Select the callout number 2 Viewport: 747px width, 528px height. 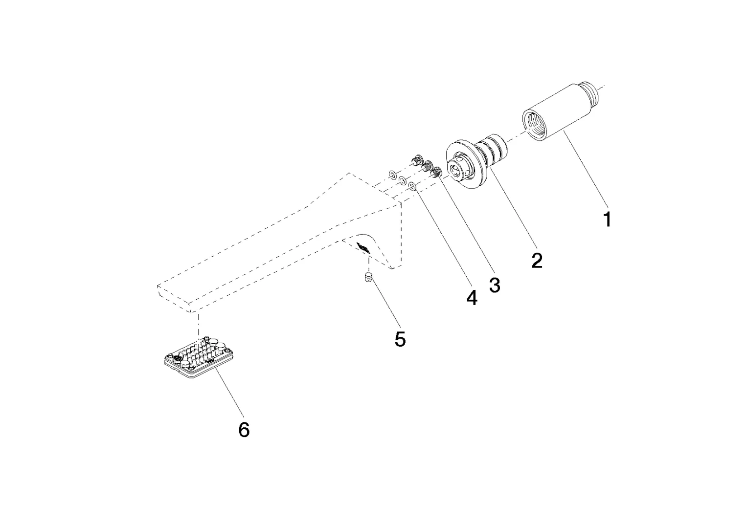[537, 260]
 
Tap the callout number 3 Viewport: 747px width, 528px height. [495, 285]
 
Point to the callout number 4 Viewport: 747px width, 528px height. [472, 298]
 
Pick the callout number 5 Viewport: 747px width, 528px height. [400, 339]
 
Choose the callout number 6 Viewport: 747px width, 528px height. [244, 430]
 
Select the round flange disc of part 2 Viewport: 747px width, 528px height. [462, 164]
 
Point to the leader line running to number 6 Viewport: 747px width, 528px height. [228, 396]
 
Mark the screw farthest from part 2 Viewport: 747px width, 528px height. [417, 159]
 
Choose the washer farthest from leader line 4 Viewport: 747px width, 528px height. [392, 174]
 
